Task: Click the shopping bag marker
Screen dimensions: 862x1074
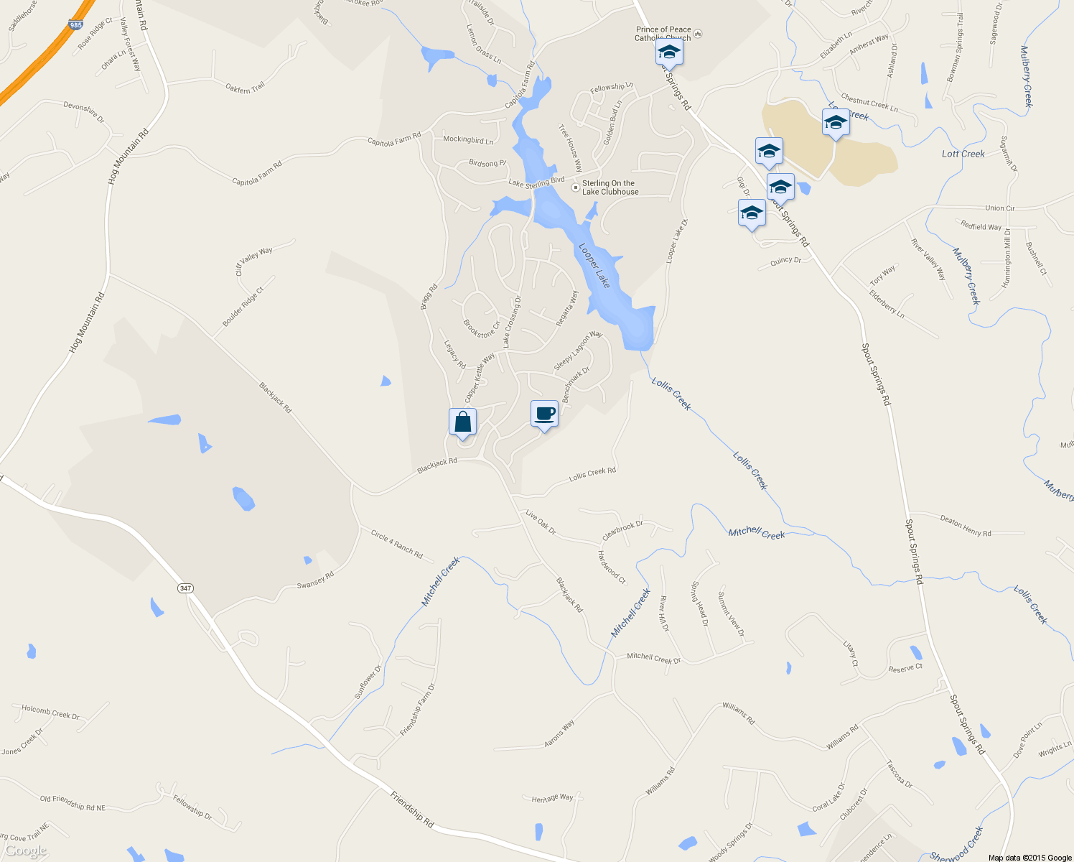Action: [462, 422]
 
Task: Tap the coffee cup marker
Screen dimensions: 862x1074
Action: [544, 414]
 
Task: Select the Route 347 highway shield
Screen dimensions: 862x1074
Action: [186, 588]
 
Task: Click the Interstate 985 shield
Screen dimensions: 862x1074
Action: [75, 25]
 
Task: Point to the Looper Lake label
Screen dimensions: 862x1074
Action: [594, 265]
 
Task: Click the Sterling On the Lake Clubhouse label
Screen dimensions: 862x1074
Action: [610, 187]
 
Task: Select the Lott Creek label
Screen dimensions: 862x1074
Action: [963, 154]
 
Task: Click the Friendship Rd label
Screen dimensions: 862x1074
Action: [412, 809]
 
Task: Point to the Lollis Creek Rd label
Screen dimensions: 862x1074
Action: [592, 474]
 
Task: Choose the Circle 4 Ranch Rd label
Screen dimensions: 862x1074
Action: [396, 544]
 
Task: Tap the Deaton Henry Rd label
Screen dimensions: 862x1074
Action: [965, 527]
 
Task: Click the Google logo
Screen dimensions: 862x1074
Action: [26, 851]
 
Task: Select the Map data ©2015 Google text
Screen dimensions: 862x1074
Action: [1029, 858]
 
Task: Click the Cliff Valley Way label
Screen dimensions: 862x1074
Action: [254, 261]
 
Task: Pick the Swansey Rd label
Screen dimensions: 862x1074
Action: [315, 580]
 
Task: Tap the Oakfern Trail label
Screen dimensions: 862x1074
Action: [245, 87]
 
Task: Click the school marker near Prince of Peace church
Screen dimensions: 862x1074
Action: [668, 52]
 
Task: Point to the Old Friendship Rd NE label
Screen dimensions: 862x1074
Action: [73, 803]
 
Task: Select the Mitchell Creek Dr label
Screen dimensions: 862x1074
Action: [653, 658]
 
